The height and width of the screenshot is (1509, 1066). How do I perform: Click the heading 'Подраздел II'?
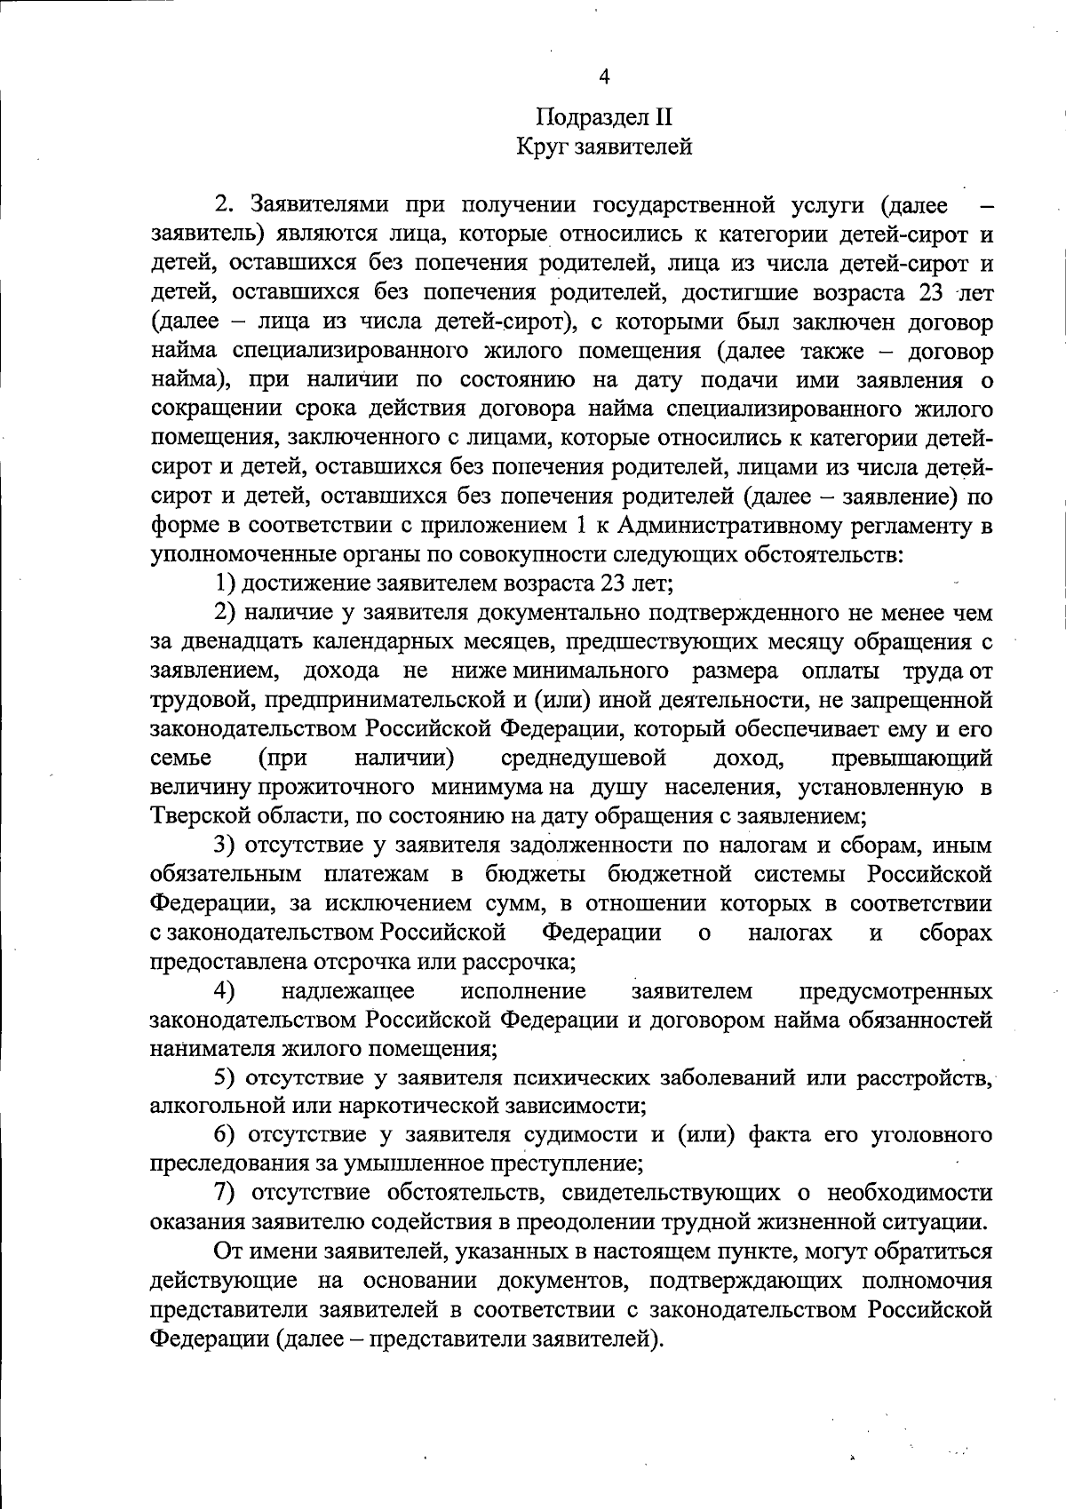(x=604, y=117)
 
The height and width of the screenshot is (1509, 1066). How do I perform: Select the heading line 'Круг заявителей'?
(x=604, y=147)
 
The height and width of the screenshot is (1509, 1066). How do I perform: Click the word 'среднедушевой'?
(x=584, y=758)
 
